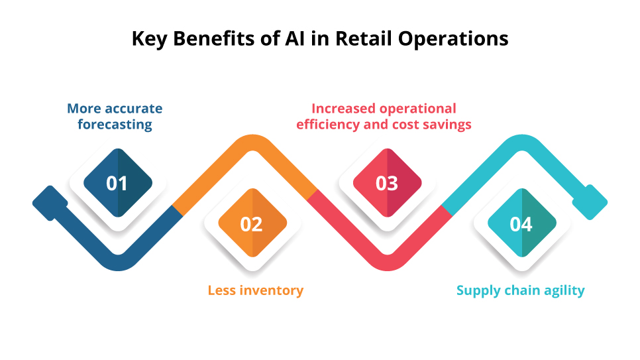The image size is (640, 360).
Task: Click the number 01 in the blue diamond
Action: [x=117, y=183]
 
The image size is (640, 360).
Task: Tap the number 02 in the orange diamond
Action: [x=251, y=224]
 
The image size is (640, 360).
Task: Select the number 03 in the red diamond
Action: [x=386, y=183]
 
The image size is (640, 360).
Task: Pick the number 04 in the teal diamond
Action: [x=521, y=224]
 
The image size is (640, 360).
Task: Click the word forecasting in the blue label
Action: [x=115, y=125]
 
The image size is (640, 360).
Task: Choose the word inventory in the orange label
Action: [x=270, y=290]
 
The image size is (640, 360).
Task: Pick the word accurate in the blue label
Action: [x=133, y=108]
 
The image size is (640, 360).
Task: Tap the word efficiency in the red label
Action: [x=327, y=125]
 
